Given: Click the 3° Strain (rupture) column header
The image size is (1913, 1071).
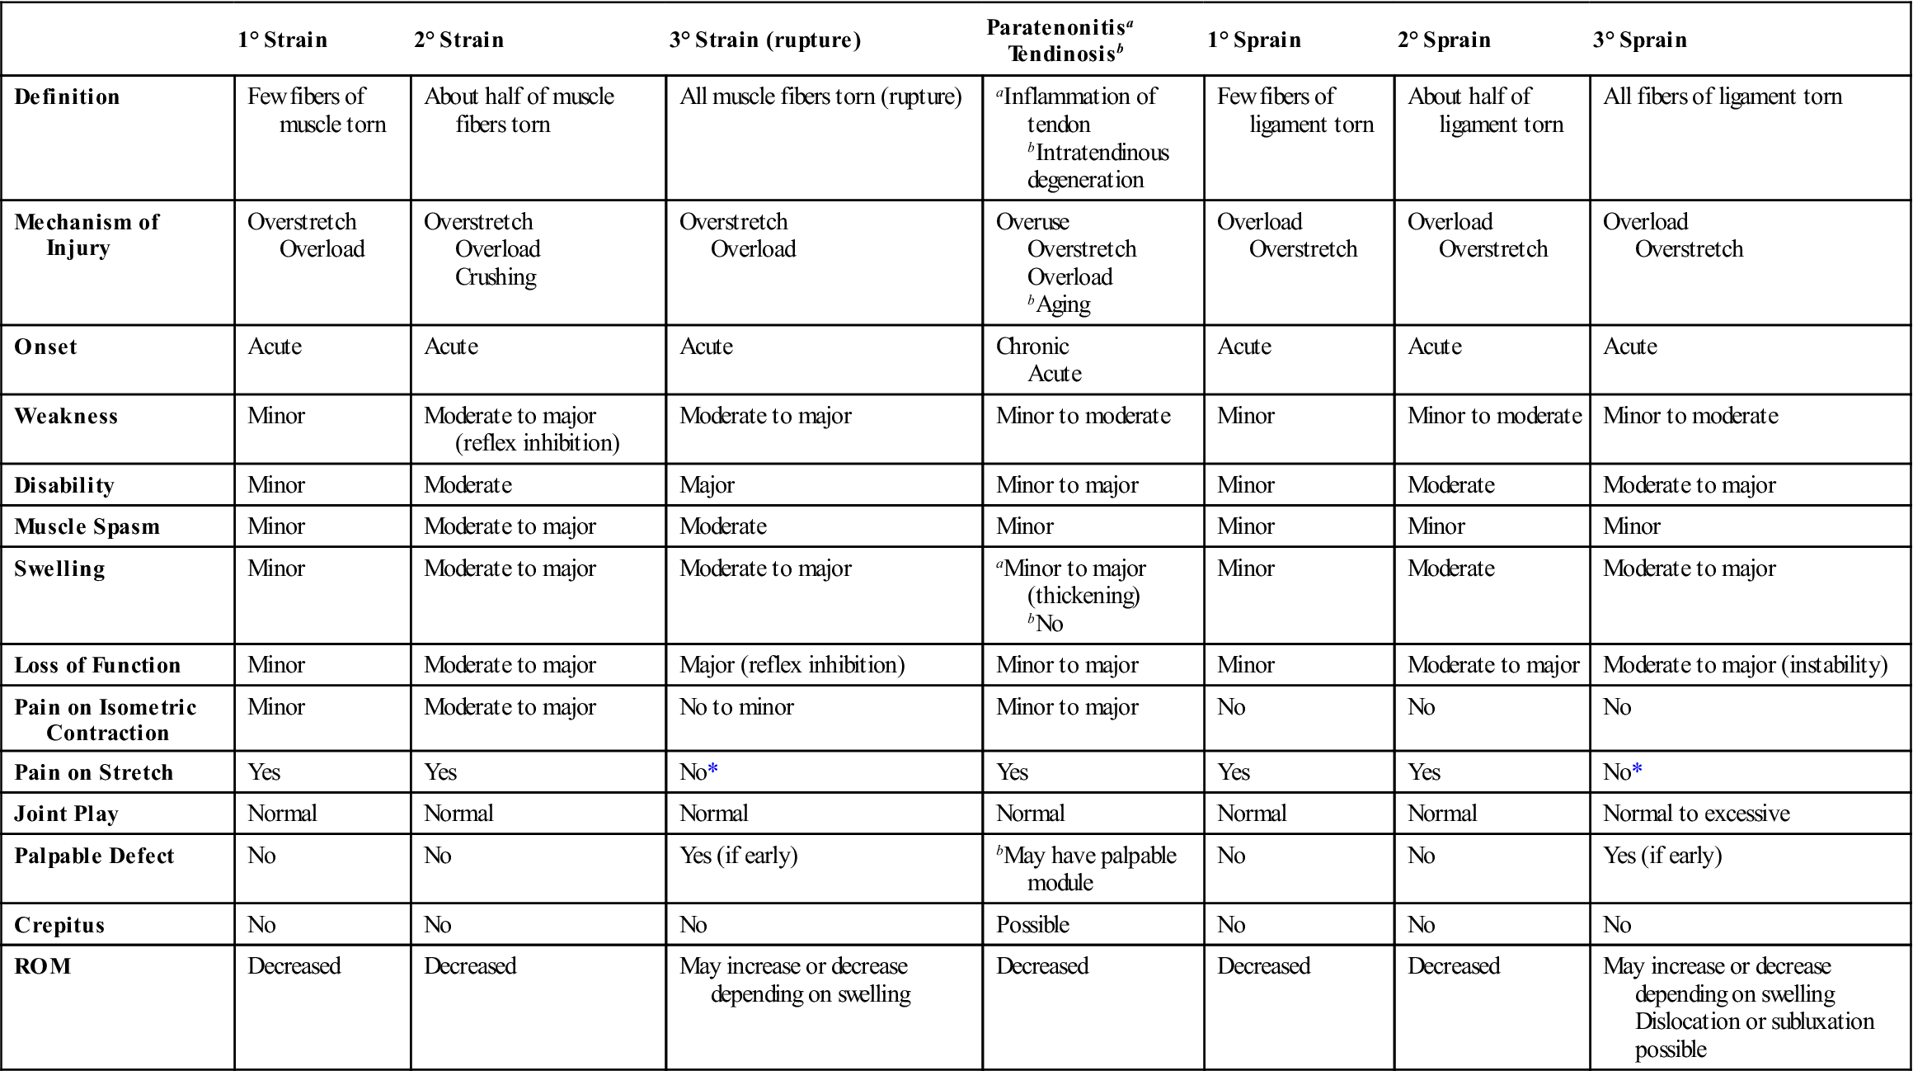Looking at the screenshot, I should coord(764,40).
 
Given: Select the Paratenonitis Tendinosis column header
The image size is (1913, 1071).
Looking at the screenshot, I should coord(1061,40).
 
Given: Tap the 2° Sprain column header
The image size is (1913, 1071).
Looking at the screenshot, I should coord(1444,40).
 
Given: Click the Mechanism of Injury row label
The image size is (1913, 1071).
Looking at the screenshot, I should coord(87,234).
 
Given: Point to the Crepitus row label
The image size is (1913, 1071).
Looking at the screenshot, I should coord(59,925).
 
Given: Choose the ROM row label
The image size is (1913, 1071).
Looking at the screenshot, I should coord(43,966).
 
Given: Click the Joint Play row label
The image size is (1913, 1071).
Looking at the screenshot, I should coord(67,814).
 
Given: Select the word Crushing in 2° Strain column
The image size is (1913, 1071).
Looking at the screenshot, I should coord(496,277).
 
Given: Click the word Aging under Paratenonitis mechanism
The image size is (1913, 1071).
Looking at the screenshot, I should coord(1063,304).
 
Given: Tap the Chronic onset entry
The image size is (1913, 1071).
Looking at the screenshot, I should coord(1032,347).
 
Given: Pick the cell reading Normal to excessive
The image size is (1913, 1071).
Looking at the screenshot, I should coord(1696,814).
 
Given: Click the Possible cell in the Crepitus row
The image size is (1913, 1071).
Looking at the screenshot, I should coord(1032,925).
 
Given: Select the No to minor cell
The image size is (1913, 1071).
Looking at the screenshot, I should coord(736,707).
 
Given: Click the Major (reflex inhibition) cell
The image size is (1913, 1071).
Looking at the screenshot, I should coord(792,665).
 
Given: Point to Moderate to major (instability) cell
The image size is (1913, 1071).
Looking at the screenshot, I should coord(1745,665).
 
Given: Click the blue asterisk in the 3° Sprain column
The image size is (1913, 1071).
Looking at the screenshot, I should coord(1638,771).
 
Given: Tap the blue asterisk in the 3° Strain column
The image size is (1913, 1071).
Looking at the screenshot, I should coord(713,771).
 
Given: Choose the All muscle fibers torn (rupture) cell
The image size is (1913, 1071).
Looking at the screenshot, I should coord(820,97).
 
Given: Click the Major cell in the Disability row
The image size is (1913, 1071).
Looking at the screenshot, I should coord(707,485).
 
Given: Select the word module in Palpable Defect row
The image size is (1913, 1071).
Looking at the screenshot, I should coord(1060,883).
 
